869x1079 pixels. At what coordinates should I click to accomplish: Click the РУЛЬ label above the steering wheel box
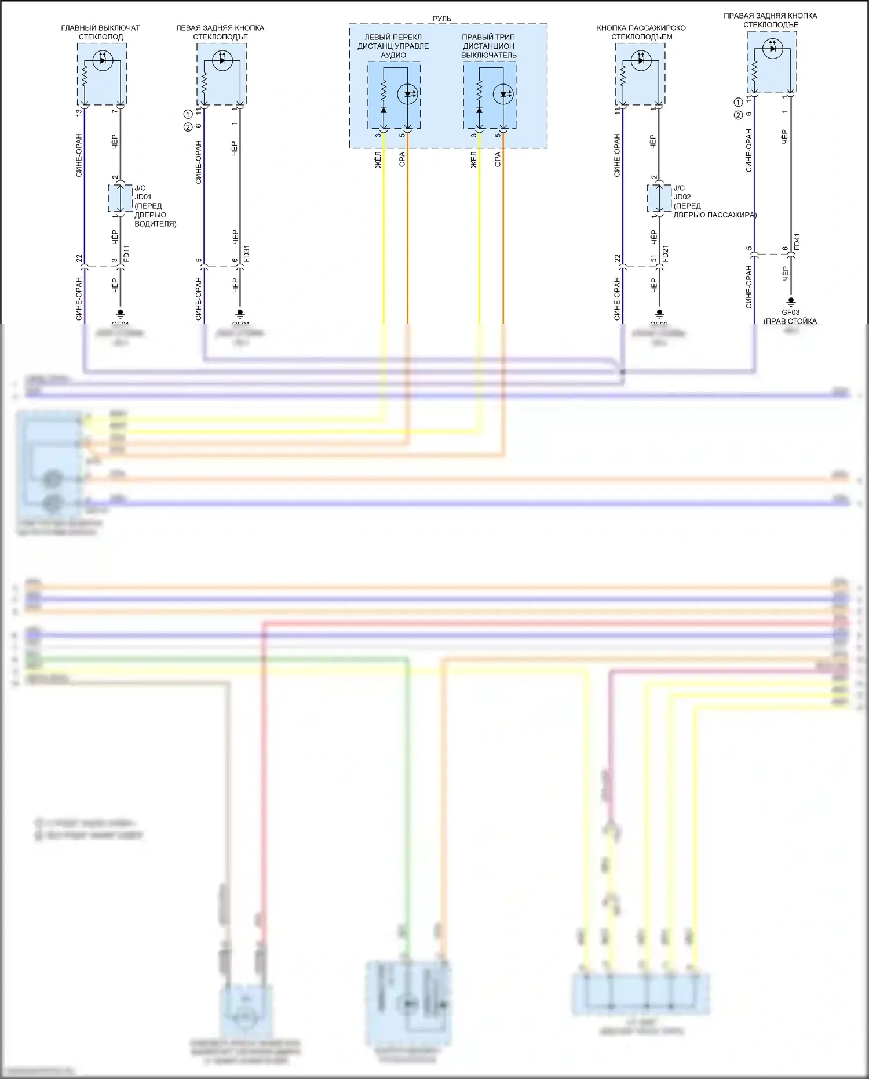441,19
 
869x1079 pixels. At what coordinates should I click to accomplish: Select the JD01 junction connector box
120,198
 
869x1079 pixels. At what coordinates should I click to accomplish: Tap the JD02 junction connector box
659,198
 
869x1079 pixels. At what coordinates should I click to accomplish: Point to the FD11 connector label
127,253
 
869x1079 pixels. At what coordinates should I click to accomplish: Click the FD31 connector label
247,253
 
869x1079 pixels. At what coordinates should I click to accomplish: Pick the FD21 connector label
665,253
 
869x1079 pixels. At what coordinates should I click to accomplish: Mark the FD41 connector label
797,242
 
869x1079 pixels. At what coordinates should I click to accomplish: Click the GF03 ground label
790,312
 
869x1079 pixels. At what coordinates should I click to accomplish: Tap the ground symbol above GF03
791,301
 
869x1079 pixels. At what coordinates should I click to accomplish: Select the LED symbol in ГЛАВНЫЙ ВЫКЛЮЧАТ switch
103,60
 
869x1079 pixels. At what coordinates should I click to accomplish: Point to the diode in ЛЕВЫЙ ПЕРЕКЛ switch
384,110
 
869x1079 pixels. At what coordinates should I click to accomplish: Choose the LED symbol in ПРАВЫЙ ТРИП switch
504,94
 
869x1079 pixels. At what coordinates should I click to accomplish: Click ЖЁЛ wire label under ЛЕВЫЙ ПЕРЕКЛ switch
378,159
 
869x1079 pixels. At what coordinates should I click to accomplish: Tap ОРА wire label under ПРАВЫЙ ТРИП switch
498,159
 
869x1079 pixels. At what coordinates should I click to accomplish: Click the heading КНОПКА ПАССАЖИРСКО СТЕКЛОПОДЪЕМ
641,32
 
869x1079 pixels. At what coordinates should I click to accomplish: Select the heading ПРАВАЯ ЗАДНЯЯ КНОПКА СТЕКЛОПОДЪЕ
771,20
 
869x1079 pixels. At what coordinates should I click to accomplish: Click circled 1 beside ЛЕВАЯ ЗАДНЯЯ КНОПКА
188,114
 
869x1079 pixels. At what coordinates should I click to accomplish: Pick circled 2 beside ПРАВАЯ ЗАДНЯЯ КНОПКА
738,115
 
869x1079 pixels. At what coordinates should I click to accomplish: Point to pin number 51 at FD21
653,259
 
